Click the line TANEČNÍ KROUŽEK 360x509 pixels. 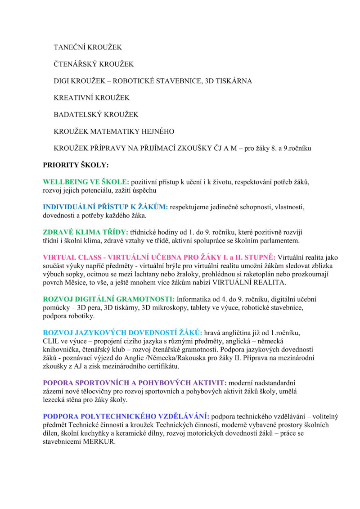tap(87, 47)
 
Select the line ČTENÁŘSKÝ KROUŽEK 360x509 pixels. tap(94, 64)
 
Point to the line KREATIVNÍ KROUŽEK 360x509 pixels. tap(91, 98)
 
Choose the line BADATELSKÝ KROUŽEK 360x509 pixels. tap(96, 115)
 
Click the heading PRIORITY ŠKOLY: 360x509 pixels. tap(76, 165)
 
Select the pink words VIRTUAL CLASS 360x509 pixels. tap(70, 257)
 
